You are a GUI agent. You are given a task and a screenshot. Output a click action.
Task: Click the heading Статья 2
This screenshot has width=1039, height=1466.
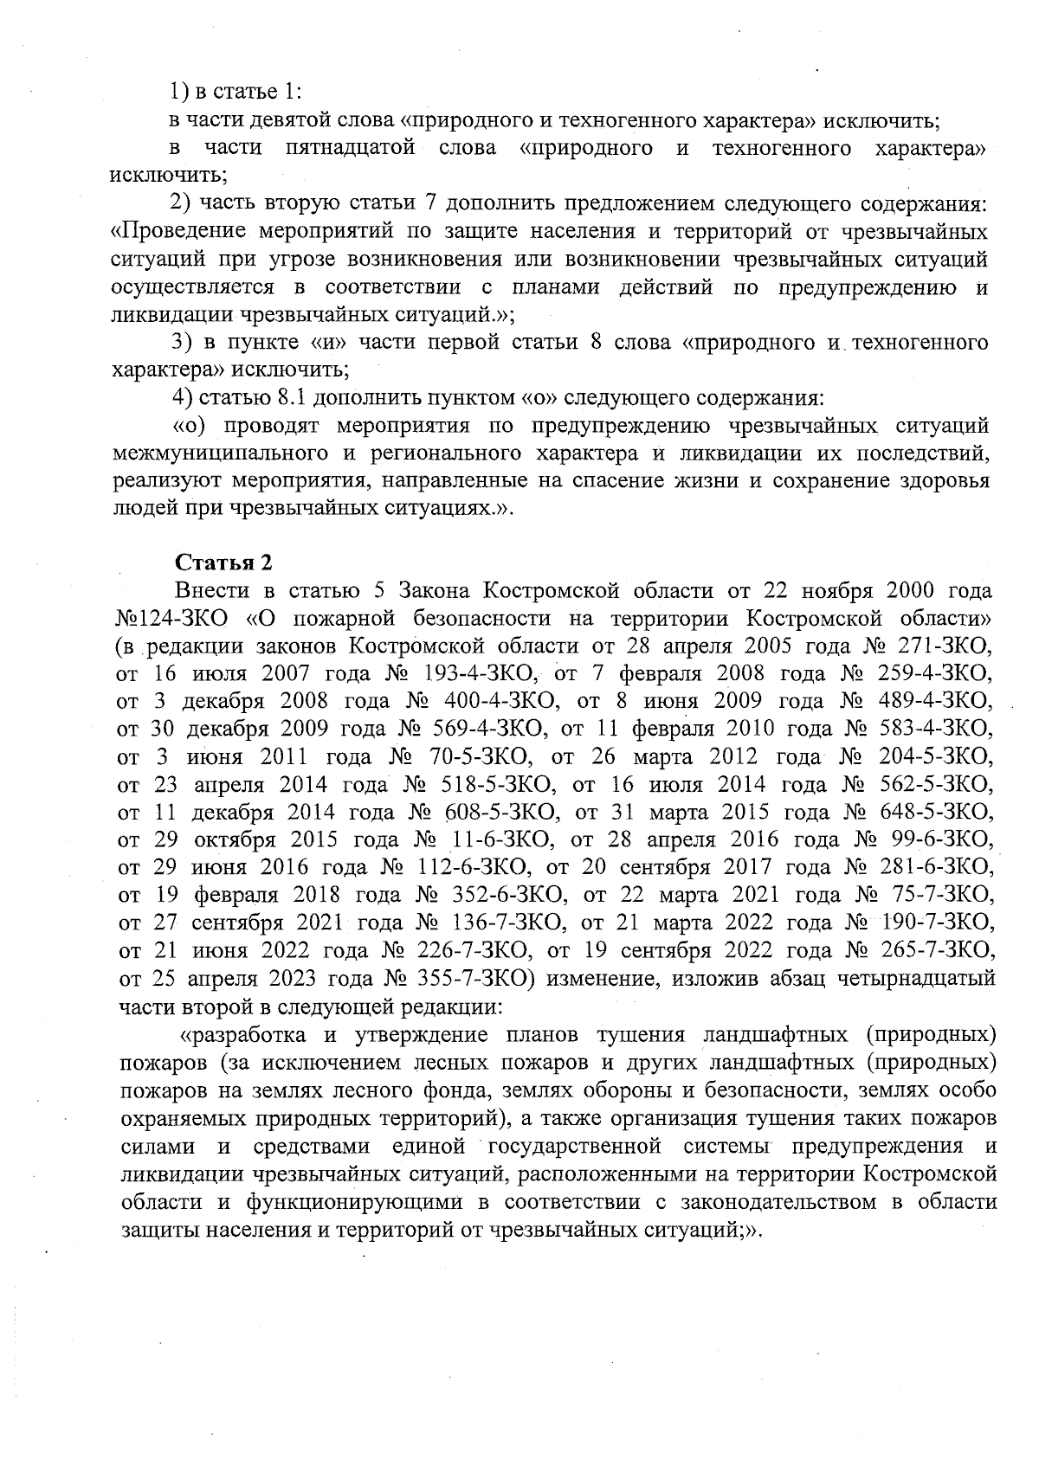(224, 563)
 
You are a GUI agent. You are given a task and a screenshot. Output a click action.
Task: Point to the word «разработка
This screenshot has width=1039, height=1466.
(234, 1035)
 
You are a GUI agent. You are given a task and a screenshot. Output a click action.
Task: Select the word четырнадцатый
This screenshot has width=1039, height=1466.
(912, 979)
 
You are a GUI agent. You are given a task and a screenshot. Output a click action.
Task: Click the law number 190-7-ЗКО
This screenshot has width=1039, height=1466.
(936, 923)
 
